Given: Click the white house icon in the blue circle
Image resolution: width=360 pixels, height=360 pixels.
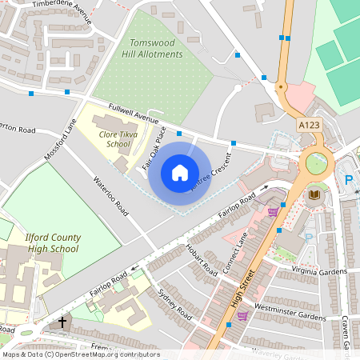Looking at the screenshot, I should tap(180, 173).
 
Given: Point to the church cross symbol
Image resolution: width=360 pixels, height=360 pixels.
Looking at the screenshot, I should tap(62, 323).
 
